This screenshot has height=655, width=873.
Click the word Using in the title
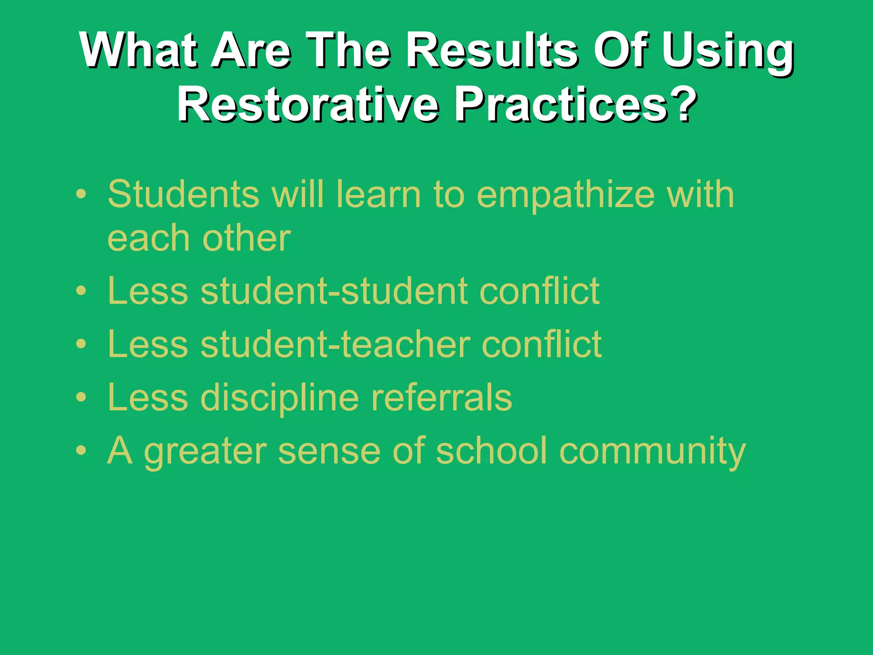(727, 52)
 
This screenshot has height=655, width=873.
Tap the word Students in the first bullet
(184, 194)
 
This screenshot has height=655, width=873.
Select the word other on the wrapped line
(246, 238)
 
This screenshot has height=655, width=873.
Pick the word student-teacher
(335, 345)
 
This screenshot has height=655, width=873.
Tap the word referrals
(442, 397)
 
